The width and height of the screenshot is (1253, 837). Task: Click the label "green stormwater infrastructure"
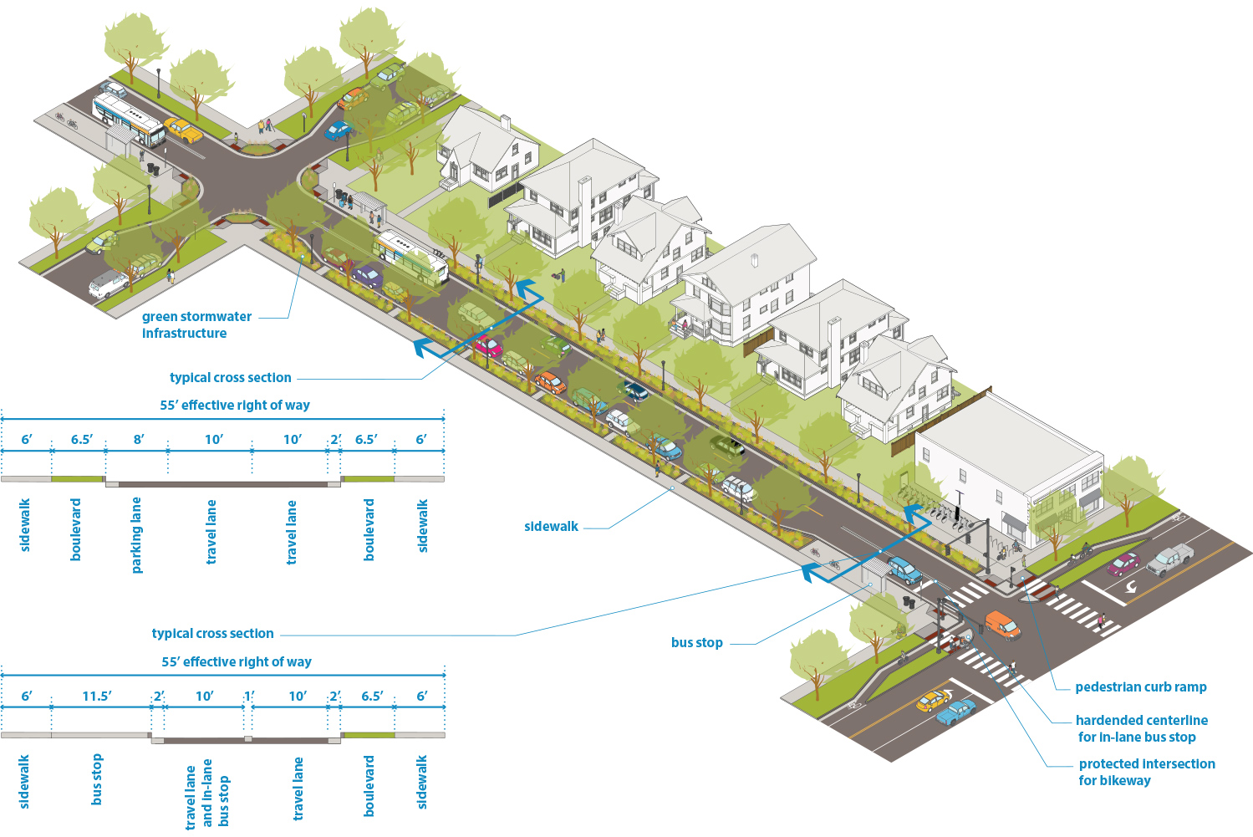[x=196, y=324]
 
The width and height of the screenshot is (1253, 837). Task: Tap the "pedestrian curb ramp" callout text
[x=1140, y=686]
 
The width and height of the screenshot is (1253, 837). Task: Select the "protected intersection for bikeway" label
[x=1146, y=772]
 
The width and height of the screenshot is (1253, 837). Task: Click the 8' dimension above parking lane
[x=139, y=439]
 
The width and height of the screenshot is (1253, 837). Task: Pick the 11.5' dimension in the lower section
[x=97, y=696]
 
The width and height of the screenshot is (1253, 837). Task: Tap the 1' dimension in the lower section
[x=249, y=696]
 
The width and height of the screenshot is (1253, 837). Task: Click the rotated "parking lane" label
[x=136, y=535]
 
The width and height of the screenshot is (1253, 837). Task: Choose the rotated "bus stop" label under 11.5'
[x=96, y=779]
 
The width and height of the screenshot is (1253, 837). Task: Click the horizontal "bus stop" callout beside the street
[x=696, y=642]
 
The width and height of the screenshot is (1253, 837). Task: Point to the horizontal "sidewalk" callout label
[x=551, y=526]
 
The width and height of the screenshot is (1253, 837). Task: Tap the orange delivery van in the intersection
[x=1002, y=625]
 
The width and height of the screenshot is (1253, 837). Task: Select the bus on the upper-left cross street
[x=128, y=120]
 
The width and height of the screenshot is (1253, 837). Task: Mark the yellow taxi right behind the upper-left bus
[x=183, y=130]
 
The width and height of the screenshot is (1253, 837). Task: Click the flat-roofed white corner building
[x=1010, y=468]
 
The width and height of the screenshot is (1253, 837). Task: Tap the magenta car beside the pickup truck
[x=1123, y=564]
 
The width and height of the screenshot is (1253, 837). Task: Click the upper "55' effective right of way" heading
[x=235, y=405]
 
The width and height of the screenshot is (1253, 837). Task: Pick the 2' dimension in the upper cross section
[x=335, y=439]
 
